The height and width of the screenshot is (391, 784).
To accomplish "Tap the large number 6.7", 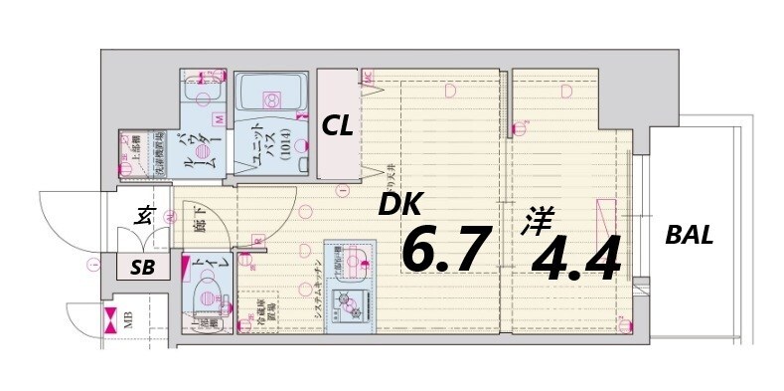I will [x=446, y=249].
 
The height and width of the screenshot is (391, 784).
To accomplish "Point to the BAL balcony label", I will [x=690, y=236].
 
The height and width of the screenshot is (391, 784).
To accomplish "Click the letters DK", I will [x=399, y=205].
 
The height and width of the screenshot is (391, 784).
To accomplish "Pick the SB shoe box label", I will [x=143, y=266].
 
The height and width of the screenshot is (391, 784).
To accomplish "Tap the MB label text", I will [x=127, y=320].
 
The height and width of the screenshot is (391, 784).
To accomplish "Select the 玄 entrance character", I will [x=143, y=213].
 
